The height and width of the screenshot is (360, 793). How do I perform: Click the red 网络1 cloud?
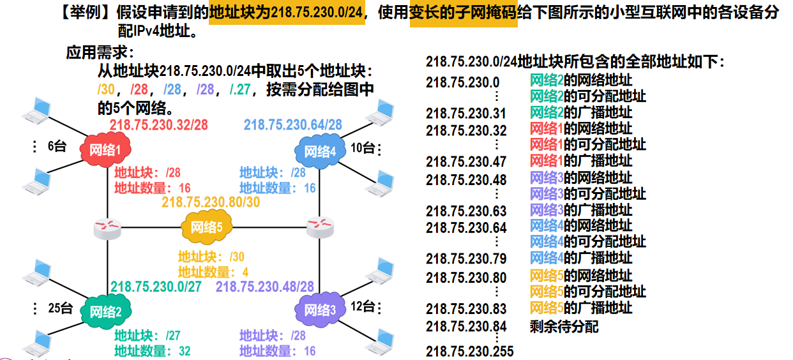tap(105, 150)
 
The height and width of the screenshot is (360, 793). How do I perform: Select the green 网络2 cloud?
tap(105, 311)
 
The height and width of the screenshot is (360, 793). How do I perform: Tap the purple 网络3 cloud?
tap(321, 310)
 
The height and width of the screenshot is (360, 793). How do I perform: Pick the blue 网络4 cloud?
tap(321, 151)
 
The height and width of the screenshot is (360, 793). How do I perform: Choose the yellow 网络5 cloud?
tap(207, 227)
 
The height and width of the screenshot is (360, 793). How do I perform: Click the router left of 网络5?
tap(107, 229)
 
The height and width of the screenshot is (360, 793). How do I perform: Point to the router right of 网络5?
tap(320, 227)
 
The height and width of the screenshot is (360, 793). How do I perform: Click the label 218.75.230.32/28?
tap(158, 125)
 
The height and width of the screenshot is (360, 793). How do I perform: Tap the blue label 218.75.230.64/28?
tap(293, 124)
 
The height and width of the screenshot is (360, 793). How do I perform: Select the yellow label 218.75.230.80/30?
tap(211, 202)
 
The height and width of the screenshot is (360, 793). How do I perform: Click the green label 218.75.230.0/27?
tap(156, 287)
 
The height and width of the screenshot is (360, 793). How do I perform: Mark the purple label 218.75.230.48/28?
tap(265, 287)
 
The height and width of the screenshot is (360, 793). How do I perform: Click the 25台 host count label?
tap(60, 308)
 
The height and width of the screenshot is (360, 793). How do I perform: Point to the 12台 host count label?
tap(363, 306)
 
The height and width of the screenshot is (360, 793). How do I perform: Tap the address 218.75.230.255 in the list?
tap(470, 352)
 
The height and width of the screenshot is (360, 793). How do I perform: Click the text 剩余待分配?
tap(564, 326)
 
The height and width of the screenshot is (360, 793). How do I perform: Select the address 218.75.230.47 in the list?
tap(466, 161)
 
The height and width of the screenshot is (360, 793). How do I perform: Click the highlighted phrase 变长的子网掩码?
tap(464, 13)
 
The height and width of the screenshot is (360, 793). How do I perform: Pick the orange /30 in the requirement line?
tap(106, 89)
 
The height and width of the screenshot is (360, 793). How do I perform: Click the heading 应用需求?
tap(96, 53)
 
